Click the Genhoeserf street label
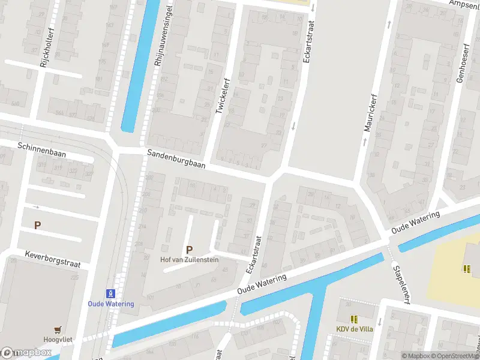461,66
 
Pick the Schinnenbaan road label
41,149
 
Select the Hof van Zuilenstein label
189,260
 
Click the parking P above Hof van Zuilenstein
190,250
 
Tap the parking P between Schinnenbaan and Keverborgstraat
38,226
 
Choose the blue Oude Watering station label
111,304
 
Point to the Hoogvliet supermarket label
57,339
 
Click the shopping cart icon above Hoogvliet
57,329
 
